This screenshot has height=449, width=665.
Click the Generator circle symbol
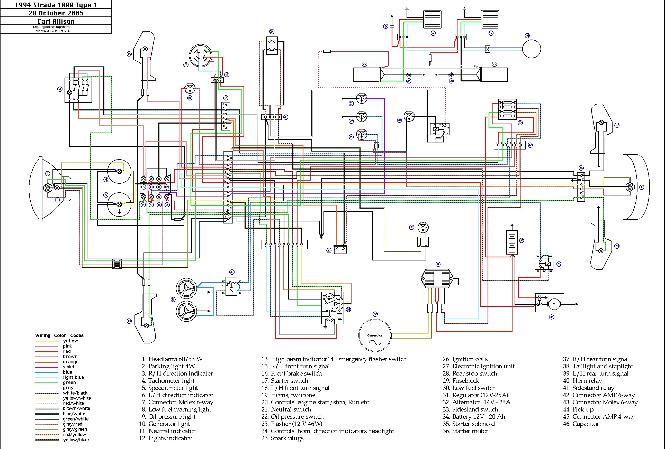375,335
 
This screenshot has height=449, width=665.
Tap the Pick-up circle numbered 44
531,49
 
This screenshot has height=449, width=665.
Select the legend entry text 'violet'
69,367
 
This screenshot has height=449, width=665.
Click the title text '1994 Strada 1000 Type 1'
56,5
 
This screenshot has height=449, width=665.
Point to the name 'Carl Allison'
56,21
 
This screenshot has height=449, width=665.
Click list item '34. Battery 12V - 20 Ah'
474,417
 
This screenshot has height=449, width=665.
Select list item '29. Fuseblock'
461,381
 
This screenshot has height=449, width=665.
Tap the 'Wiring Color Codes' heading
59,335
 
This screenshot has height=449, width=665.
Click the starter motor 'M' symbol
554,304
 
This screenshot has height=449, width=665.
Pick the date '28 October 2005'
56,13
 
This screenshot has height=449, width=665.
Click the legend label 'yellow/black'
76,440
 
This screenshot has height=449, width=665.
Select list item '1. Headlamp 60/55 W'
172,359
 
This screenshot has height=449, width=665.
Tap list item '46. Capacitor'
581,424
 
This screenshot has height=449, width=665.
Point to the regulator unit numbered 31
437,278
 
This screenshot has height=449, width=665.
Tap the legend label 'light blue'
73,378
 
